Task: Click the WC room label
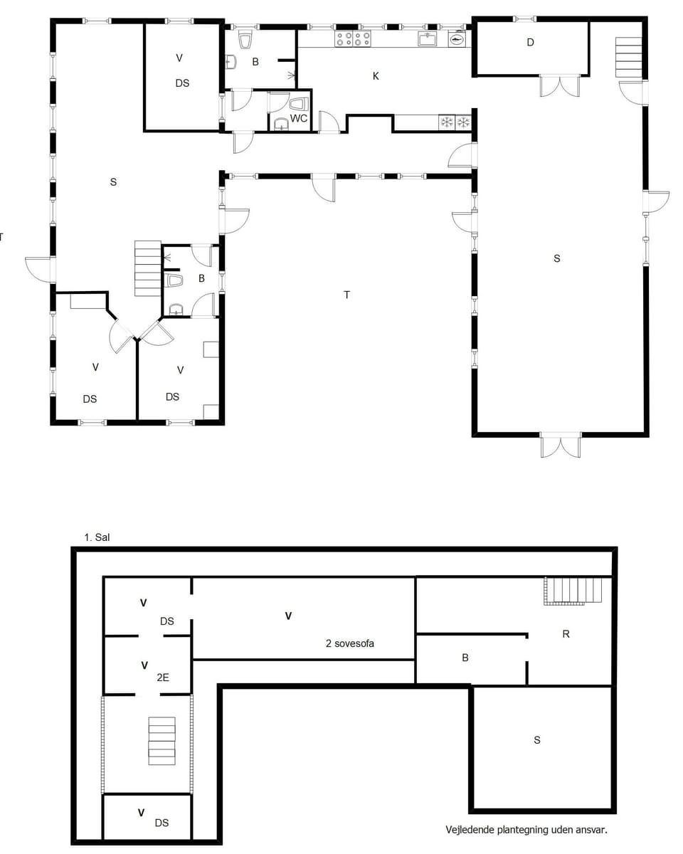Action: pos(300,118)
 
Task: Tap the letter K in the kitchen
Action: pos(376,76)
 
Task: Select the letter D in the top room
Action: pos(530,43)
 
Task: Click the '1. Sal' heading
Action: pos(96,538)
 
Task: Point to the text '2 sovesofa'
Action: pos(349,643)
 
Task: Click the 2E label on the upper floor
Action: pos(162,678)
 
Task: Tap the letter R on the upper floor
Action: pos(566,634)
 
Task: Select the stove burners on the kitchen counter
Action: pos(354,38)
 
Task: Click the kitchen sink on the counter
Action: pos(427,39)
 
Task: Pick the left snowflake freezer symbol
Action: pos(447,122)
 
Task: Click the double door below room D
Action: pos(560,85)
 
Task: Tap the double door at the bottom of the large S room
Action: pos(561,446)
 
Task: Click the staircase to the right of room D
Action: pos(629,57)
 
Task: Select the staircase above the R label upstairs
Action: pos(573,591)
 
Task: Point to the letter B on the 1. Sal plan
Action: pos(465,658)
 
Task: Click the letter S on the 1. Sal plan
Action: pos(537,740)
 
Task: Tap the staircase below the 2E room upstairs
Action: pos(161,740)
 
